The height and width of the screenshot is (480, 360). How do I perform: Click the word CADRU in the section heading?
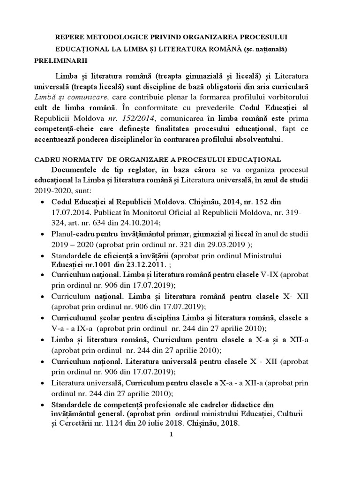(x=49, y=160)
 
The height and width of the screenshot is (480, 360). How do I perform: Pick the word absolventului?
(x=256, y=140)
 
